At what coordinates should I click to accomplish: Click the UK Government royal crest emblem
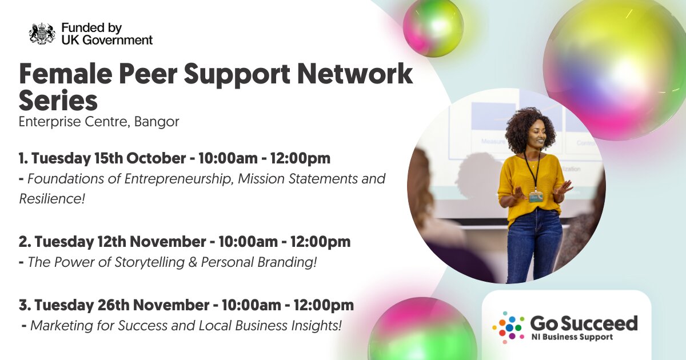(x=42, y=34)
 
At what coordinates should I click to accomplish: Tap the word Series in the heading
(x=58, y=101)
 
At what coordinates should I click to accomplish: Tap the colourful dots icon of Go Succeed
(x=508, y=327)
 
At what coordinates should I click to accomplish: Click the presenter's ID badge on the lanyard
(x=536, y=197)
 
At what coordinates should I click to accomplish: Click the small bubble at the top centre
(x=433, y=27)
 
